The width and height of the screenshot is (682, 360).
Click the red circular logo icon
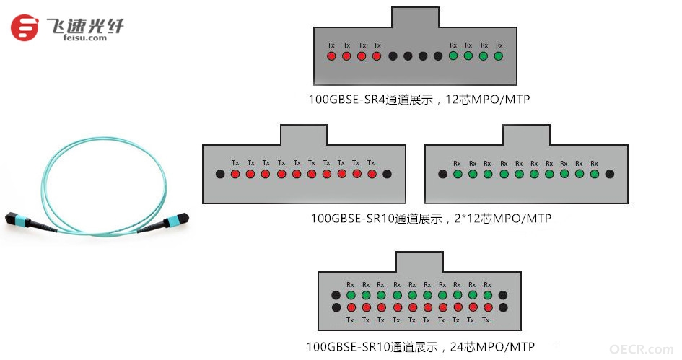(25, 28)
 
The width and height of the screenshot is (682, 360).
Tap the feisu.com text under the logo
(85, 38)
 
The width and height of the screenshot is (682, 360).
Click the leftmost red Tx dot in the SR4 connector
(331, 56)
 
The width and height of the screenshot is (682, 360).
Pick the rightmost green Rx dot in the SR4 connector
(499, 56)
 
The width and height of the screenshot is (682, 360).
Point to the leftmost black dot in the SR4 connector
(393, 56)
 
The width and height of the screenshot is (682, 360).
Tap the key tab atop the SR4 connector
(416, 17)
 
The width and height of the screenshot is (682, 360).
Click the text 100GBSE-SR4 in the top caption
(346, 100)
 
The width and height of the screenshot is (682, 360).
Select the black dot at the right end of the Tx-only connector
(387, 174)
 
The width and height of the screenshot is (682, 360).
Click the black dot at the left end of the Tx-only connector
(220, 174)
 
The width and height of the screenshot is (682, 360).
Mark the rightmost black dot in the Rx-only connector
(610, 174)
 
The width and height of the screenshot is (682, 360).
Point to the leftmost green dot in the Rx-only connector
(458, 174)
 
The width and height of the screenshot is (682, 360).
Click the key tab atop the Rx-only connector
(526, 135)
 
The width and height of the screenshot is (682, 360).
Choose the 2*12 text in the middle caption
(468, 219)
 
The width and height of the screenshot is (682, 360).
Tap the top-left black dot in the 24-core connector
(336, 295)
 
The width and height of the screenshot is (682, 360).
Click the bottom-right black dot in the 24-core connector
(503, 308)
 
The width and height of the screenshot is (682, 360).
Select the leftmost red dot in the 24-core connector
(351, 308)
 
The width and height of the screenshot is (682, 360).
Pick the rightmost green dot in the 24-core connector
(488, 295)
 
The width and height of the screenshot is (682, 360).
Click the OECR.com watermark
(642, 349)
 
